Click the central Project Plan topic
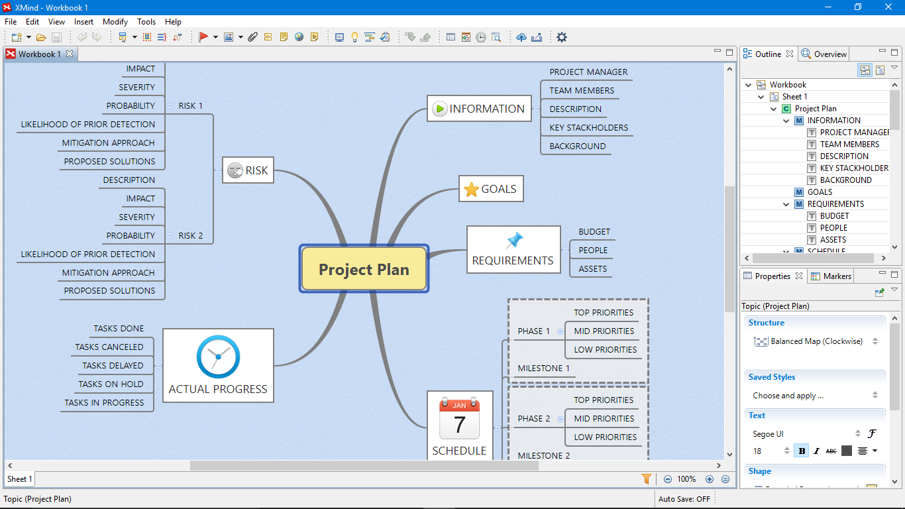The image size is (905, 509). tap(364, 269)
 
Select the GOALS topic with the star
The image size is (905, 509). tap(491, 189)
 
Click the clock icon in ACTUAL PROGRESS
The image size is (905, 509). tap(218, 357)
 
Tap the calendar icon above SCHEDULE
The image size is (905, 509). tap(459, 419)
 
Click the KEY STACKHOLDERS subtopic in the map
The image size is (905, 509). tap(589, 128)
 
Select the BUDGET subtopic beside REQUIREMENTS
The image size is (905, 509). tap(594, 232)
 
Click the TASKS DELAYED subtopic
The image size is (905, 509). tap(113, 365)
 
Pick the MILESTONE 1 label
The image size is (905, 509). tap(543, 368)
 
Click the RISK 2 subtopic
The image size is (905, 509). tap(191, 236)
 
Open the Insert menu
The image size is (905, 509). tap(83, 22)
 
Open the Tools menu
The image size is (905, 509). tap(146, 22)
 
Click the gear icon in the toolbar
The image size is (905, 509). tap(562, 37)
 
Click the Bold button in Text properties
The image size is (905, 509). tap(802, 451)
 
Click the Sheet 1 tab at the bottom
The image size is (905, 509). tap(19, 479)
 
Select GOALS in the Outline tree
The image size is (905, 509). tap(820, 192)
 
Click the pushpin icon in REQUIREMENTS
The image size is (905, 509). tap(514, 240)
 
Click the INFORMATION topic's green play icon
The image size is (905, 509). tap(439, 109)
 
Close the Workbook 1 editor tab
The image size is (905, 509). tap(70, 54)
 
